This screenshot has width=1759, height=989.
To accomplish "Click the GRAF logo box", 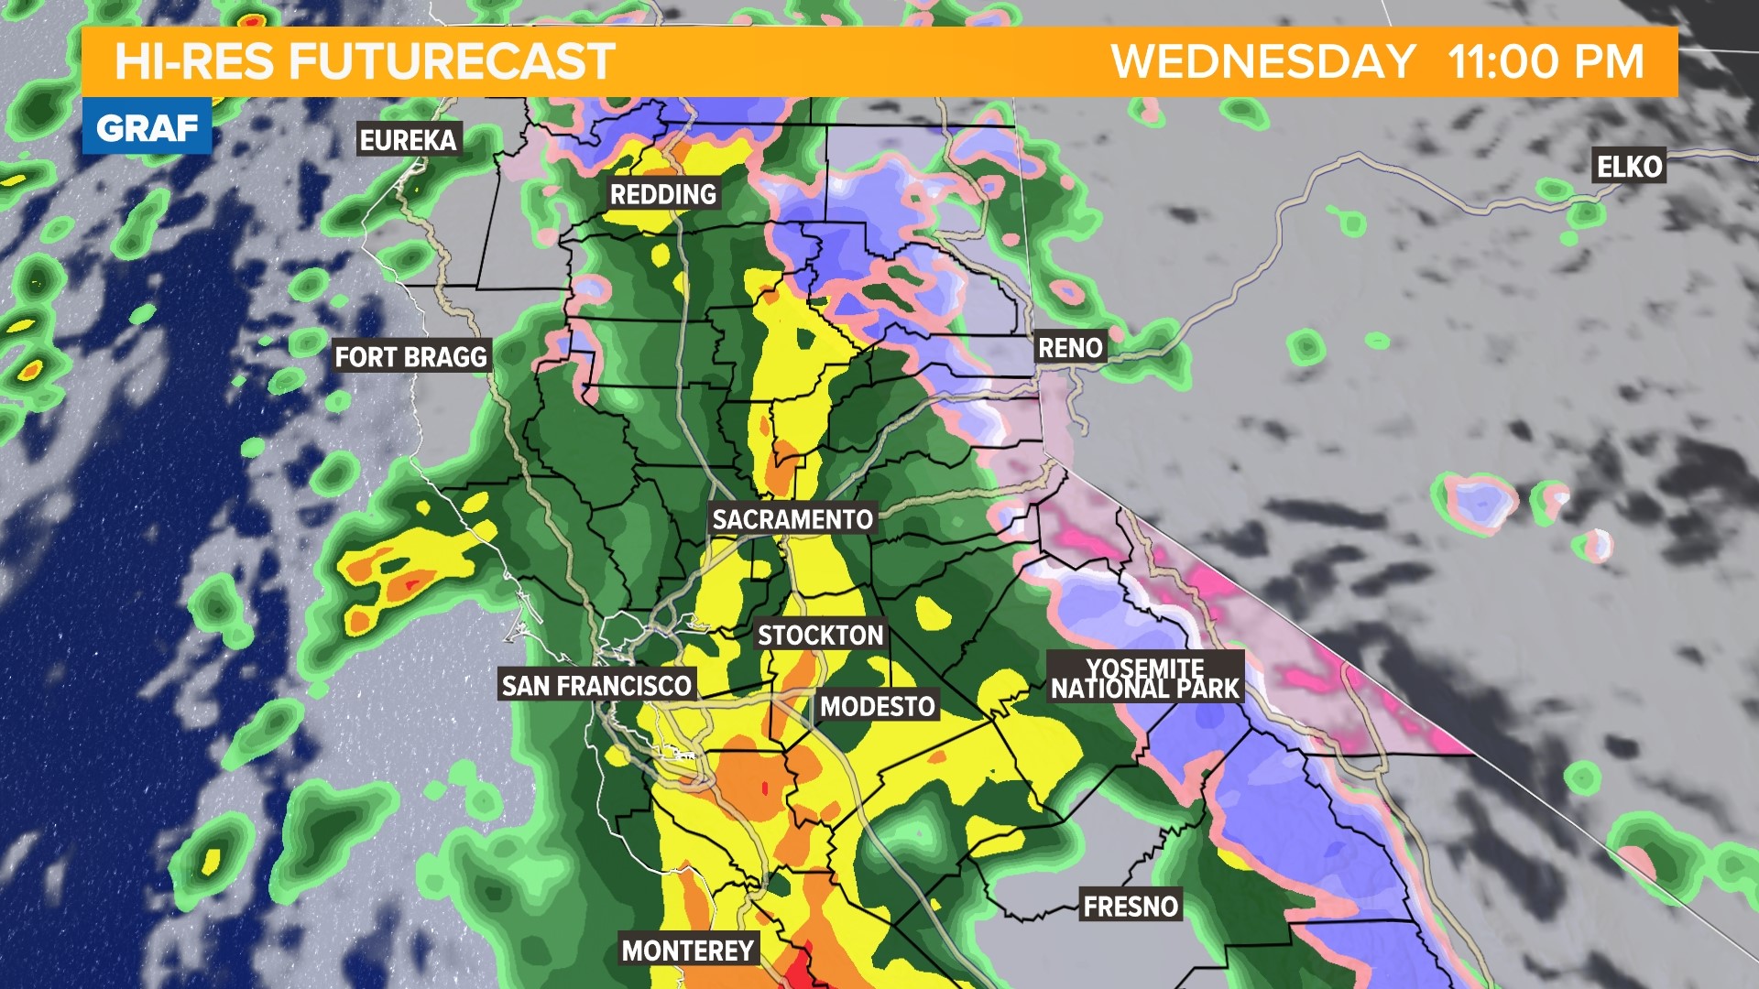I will tap(147, 127).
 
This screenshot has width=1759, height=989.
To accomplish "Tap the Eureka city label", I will tap(408, 140).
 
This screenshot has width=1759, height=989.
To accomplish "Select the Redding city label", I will tap(663, 194).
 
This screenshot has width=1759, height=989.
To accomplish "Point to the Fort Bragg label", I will tap(410, 356).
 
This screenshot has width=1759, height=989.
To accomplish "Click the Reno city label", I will tap(1069, 348).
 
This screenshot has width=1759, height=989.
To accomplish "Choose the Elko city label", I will tap(1629, 167).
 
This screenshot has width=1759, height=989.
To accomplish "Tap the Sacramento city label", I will tap(792, 519).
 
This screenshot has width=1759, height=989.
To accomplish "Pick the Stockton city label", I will tap(820, 636).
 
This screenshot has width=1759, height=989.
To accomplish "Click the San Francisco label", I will tap(596, 685).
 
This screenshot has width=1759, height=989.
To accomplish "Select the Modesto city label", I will tap(877, 706).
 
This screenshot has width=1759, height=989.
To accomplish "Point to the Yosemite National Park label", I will tap(1145, 679).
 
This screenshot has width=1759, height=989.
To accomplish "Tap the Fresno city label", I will tap(1131, 907).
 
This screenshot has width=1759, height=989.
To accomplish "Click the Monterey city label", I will tap(688, 951).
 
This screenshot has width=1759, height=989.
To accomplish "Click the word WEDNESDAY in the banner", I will tap(1263, 62).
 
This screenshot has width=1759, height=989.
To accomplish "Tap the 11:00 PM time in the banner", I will tap(1546, 62).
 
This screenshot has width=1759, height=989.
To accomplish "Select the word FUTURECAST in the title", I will tap(452, 62).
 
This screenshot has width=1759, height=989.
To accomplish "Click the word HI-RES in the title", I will tap(194, 62).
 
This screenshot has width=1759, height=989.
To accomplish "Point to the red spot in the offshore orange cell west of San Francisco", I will tap(410, 582).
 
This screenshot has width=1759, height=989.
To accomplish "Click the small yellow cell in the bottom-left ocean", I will tap(212, 861).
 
